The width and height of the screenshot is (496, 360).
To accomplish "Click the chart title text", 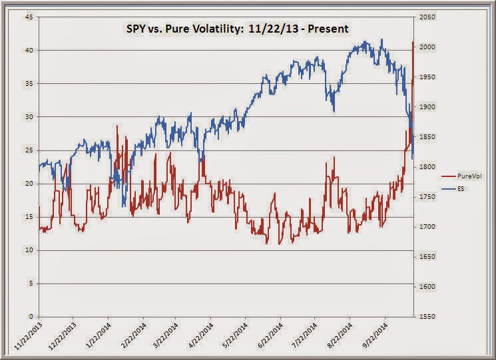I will (237, 29).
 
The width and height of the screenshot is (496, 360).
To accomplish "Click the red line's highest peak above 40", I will (413, 42).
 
